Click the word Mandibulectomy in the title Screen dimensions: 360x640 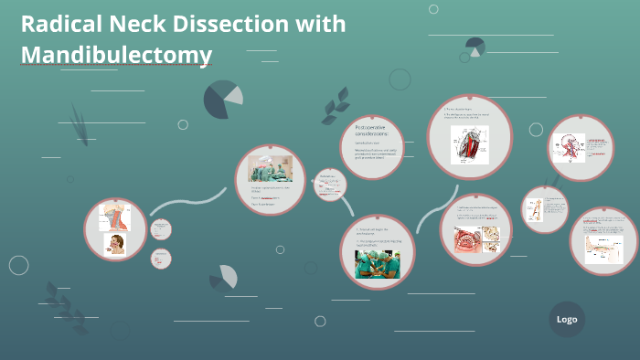pyautogui.click(x=116, y=55)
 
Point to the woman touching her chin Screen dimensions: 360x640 pyautogui.click(x=116, y=244)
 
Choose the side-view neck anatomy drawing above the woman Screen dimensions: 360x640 pyautogui.click(x=116, y=217)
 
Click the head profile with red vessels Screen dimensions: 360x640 pyautogui.click(x=569, y=146)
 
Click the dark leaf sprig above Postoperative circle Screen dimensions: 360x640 pyautogui.click(x=335, y=105)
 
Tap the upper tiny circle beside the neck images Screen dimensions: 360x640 pyautogui.click(x=162, y=229)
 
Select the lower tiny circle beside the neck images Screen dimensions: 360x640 pyautogui.click(x=162, y=259)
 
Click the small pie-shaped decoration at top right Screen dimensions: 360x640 pyautogui.click(x=475, y=47)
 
